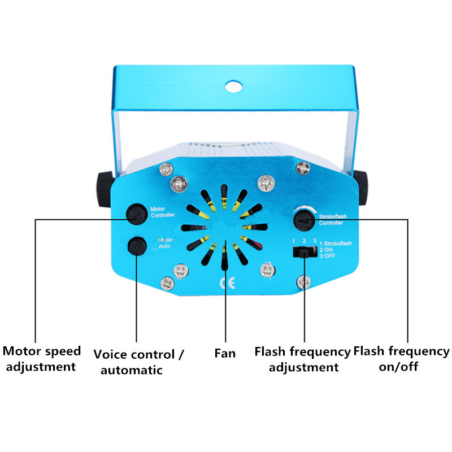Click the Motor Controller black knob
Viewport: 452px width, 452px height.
tap(137, 214)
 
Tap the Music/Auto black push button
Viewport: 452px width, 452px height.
tap(137, 246)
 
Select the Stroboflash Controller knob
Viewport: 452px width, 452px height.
tap(304, 220)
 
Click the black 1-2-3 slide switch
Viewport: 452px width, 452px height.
tap(305, 252)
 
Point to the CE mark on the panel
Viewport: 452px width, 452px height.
tap(228, 283)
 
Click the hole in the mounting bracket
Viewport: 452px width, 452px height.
tap(233, 87)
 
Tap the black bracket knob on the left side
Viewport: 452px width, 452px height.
tap(104, 189)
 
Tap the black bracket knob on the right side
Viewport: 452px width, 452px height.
tap(361, 188)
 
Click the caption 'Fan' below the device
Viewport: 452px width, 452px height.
tap(225, 354)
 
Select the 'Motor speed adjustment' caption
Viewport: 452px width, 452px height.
tap(41, 359)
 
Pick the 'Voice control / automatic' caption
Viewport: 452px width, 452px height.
tap(138, 362)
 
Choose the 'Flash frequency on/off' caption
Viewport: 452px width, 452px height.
tap(401, 359)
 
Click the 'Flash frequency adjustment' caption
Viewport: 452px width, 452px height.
tap(303, 359)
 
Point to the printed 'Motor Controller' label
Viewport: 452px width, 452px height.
tap(163, 212)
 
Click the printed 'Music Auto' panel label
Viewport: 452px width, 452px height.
tap(166, 243)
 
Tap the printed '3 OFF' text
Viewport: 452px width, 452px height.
tap(328, 256)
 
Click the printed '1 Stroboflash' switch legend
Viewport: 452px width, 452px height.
tap(336, 244)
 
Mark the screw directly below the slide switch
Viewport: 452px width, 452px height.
tap(304, 282)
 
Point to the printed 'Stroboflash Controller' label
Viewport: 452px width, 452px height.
tap(333, 219)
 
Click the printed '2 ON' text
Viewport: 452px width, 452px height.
tap(326, 250)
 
